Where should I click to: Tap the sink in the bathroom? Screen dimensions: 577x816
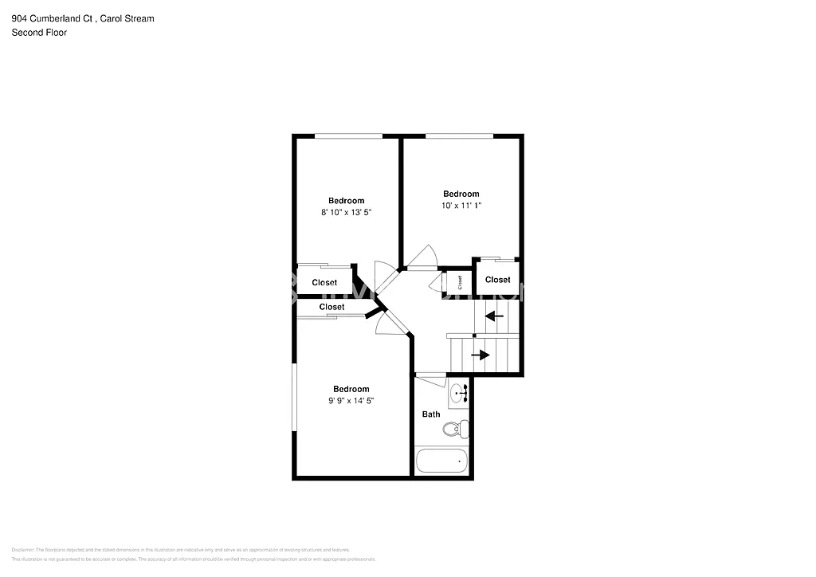pyautogui.click(x=459, y=393)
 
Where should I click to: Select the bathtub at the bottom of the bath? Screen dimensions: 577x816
pyautogui.click(x=441, y=461)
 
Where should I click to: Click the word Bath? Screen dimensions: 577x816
pyautogui.click(x=431, y=414)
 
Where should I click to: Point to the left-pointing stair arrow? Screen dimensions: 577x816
pyautogui.click(x=495, y=316)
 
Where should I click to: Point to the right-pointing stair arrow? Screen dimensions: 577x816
pyautogui.click(x=481, y=355)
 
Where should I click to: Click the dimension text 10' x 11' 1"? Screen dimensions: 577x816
pyautogui.click(x=461, y=206)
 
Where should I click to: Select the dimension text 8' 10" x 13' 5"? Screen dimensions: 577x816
pyautogui.click(x=347, y=212)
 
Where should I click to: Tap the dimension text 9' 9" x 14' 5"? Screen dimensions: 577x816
pyautogui.click(x=351, y=401)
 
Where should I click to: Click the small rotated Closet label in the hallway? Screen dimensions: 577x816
pyautogui.click(x=459, y=281)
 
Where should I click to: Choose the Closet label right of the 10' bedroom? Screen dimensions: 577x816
pyautogui.click(x=497, y=280)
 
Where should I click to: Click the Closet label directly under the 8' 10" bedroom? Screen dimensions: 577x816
pyautogui.click(x=324, y=283)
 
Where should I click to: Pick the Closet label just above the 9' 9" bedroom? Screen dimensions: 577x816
pyautogui.click(x=331, y=307)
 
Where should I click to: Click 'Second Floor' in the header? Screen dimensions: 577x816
pyautogui.click(x=39, y=33)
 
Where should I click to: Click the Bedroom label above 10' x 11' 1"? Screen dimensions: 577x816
pyautogui.click(x=461, y=194)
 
